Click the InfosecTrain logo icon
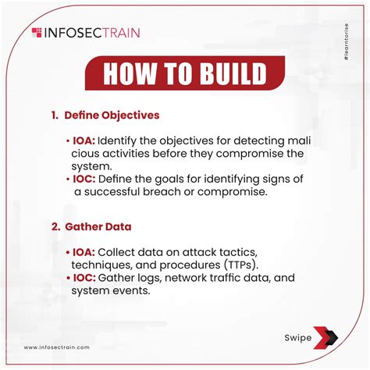[37, 32]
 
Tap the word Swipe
[297, 338]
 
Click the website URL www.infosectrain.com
[56, 347]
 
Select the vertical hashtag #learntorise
[345, 49]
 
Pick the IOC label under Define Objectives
[84, 178]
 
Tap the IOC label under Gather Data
[84, 277]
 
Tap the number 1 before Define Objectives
[54, 115]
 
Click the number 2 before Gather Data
[55, 226]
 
